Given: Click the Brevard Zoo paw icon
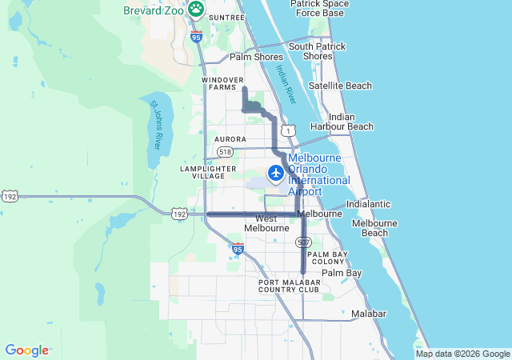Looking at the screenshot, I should click(196, 10).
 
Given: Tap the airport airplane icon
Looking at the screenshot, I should click(276, 173).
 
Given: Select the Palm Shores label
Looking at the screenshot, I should click(256, 57).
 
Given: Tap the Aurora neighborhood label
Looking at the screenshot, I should click(230, 139).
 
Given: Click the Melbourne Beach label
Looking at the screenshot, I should click(370, 228).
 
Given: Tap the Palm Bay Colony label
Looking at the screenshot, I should click(328, 258).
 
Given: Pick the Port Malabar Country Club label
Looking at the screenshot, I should click(289, 286).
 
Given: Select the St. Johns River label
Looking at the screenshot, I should click(156, 125).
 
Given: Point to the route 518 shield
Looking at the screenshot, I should click(225, 151).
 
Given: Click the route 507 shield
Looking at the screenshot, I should click(302, 241).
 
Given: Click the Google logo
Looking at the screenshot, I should click(26, 350).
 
